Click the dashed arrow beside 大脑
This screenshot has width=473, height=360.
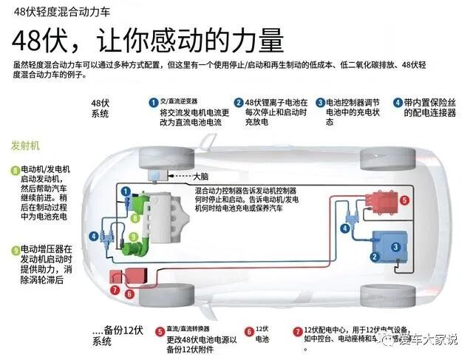coord(178,177)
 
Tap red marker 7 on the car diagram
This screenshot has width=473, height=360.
coord(114,291)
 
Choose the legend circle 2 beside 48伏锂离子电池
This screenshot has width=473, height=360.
coord(239,103)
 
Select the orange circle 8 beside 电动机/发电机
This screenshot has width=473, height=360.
coord(15,170)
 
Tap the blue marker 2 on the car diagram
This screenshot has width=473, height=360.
coord(375,257)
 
